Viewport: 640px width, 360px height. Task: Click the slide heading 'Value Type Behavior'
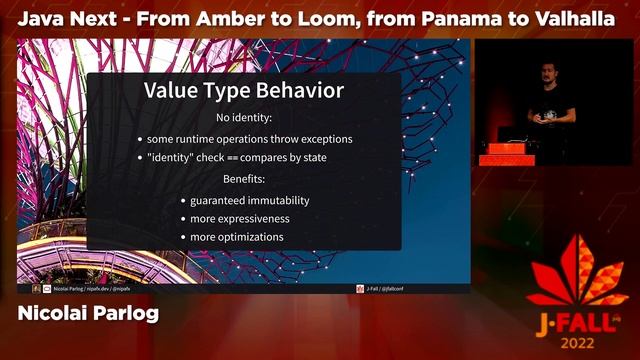(x=244, y=91)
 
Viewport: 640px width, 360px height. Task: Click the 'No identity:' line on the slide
(x=244, y=118)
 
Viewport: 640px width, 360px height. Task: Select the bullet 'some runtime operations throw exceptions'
(x=249, y=139)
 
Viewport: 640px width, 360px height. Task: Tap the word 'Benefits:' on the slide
(x=244, y=179)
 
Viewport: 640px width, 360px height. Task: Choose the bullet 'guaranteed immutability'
(x=250, y=200)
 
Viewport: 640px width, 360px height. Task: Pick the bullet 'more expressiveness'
(x=240, y=219)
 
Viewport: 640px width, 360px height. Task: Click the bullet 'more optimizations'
(x=237, y=238)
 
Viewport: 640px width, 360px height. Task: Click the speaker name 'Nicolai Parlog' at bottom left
(x=88, y=314)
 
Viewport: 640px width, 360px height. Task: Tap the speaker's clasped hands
(x=546, y=117)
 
